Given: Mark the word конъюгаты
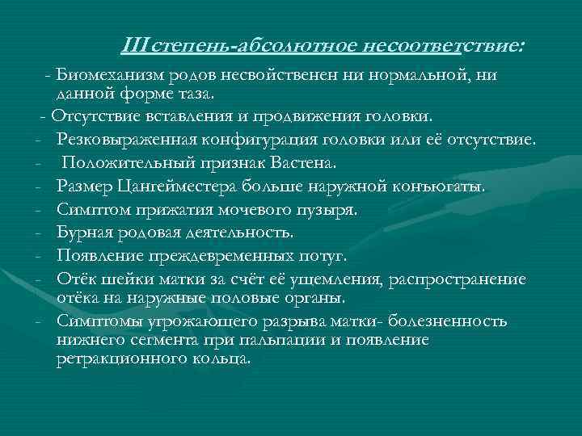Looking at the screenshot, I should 441,187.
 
